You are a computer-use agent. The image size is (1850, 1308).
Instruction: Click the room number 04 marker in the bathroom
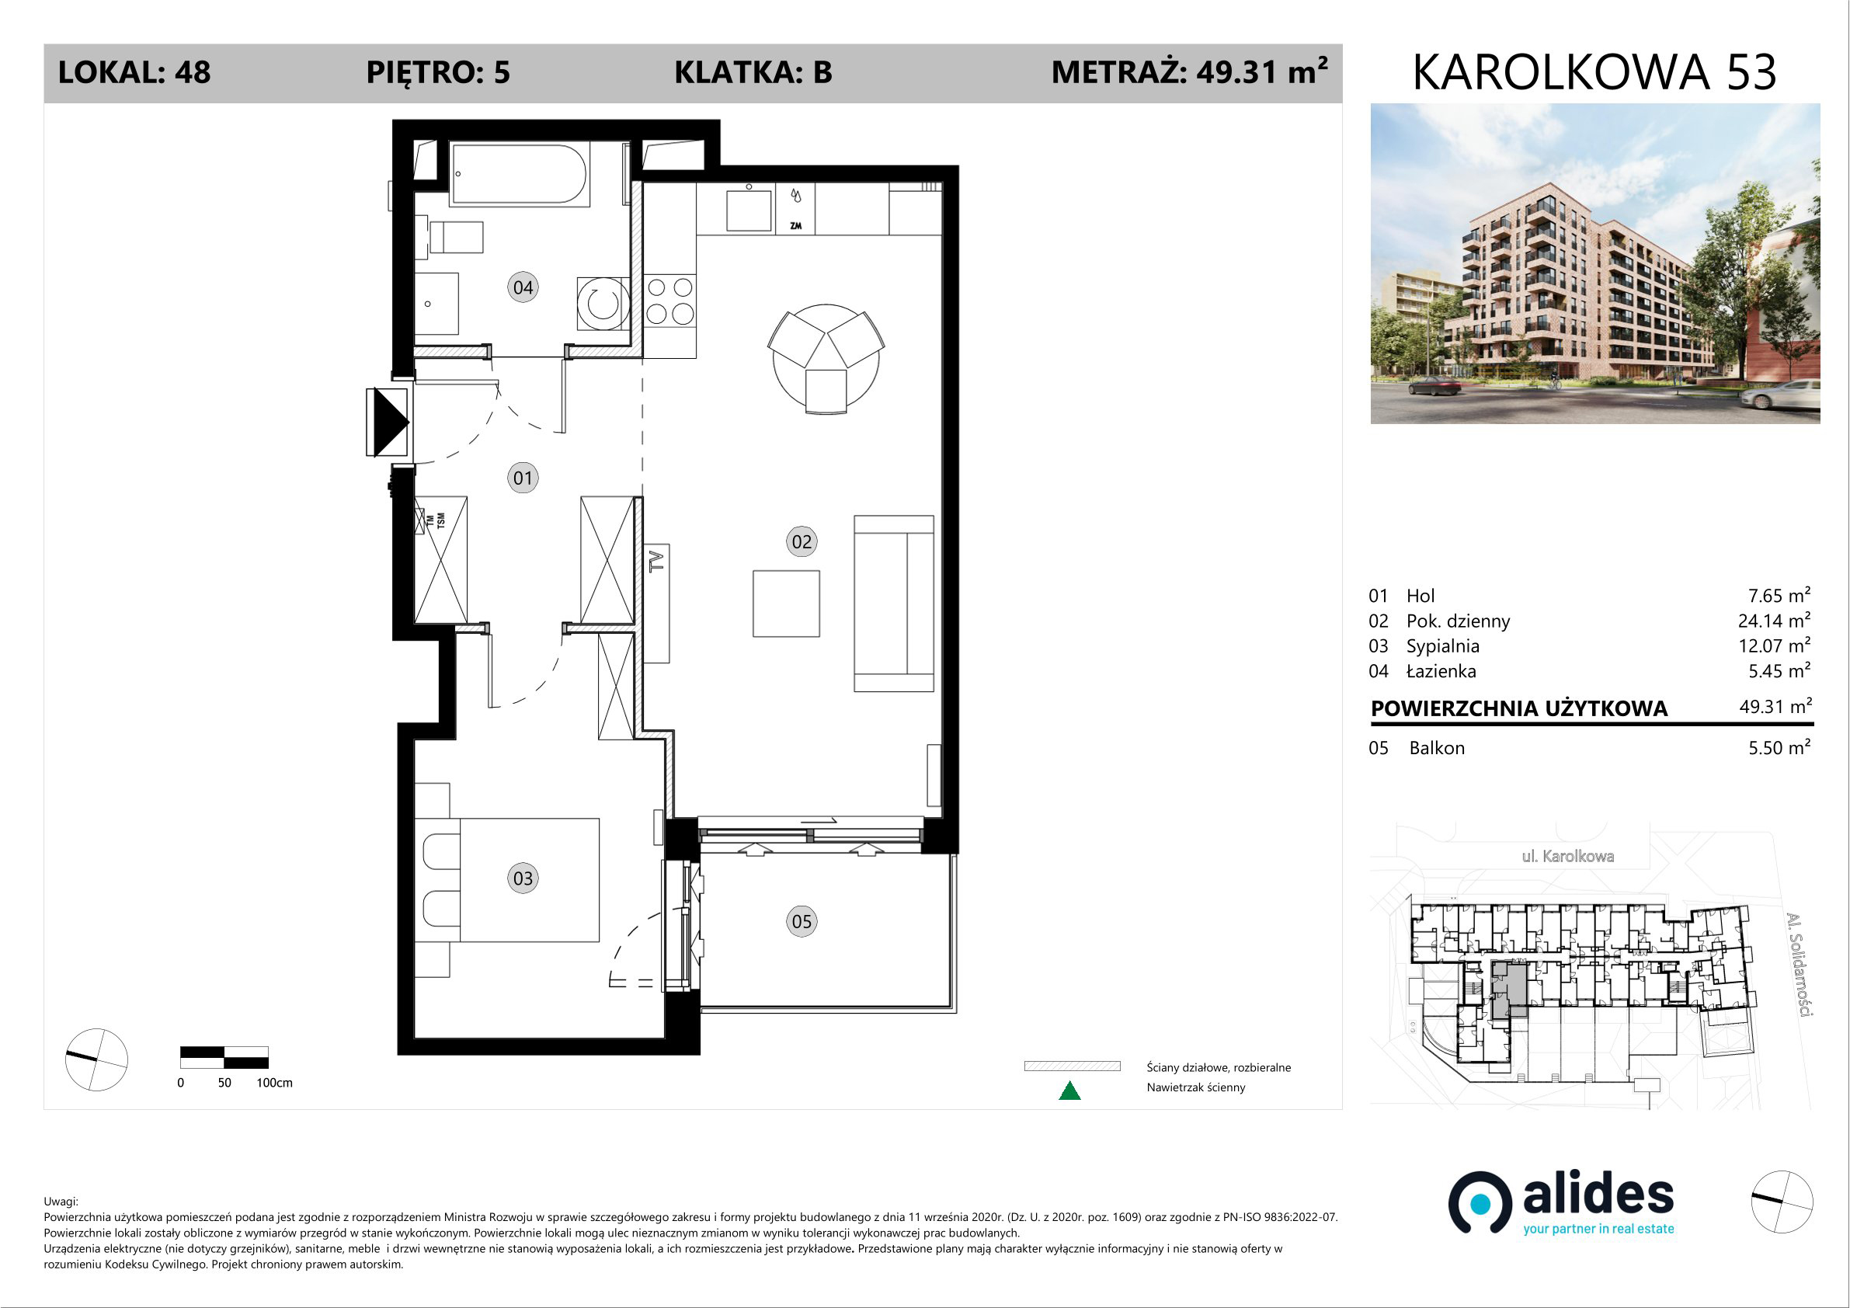[523, 287]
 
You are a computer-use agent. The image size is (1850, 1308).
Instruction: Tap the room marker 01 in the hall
[523, 478]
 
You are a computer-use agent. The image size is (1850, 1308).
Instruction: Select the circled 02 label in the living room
[801, 541]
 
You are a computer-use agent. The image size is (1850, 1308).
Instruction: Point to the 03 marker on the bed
[523, 878]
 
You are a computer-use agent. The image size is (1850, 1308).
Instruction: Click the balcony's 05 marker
[801, 921]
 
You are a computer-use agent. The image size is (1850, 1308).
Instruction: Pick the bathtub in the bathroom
[519, 174]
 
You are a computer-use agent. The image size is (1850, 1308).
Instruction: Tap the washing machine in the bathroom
[603, 303]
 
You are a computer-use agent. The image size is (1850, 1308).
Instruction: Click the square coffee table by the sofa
[786, 604]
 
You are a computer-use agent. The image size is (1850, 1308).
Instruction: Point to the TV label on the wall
[657, 561]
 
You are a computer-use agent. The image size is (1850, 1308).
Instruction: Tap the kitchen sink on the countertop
[749, 210]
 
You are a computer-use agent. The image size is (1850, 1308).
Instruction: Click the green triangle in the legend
[1069, 1091]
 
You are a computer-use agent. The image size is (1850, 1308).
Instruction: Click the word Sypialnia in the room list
[1442, 646]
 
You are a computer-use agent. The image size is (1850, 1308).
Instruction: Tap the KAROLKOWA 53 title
[1594, 72]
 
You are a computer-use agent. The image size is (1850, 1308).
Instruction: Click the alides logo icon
[1480, 1202]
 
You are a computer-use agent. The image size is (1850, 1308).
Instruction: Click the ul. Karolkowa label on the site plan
[1567, 857]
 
